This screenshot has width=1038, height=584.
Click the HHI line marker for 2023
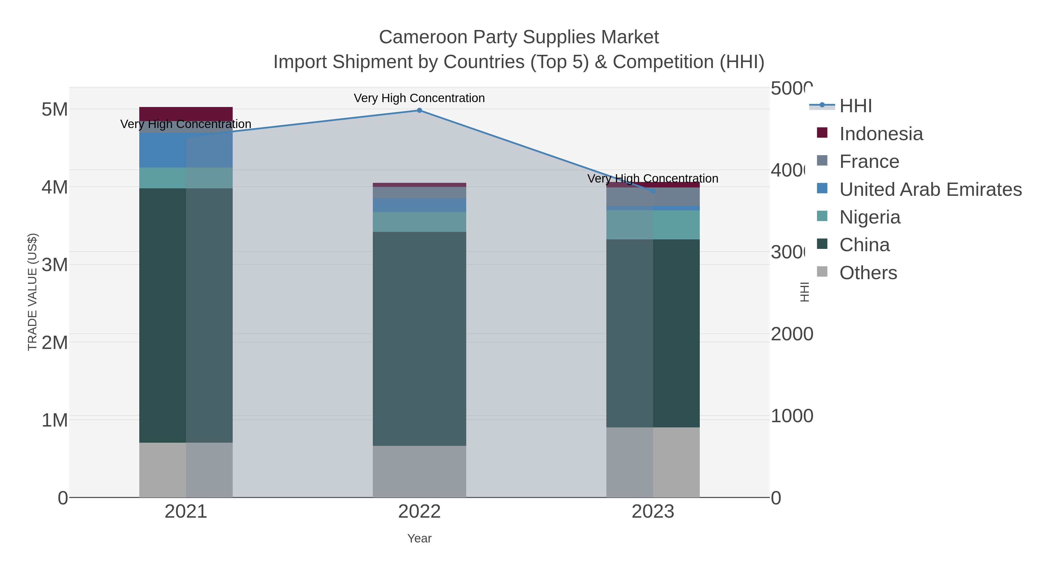(653, 191)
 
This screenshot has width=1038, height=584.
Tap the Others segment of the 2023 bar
(653, 462)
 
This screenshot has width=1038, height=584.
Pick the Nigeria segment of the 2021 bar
(186, 178)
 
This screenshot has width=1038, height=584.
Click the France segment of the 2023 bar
(653, 197)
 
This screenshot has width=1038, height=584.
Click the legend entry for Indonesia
(881, 134)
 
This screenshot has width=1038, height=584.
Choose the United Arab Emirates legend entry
(930, 189)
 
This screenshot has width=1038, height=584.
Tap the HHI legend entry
(855, 106)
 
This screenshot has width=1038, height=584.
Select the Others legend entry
(868, 273)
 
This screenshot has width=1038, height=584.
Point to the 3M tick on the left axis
(55, 265)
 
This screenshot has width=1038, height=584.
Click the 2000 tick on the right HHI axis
(791, 334)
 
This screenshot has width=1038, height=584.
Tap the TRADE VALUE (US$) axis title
(33, 292)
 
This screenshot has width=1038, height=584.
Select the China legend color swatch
(822, 244)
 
